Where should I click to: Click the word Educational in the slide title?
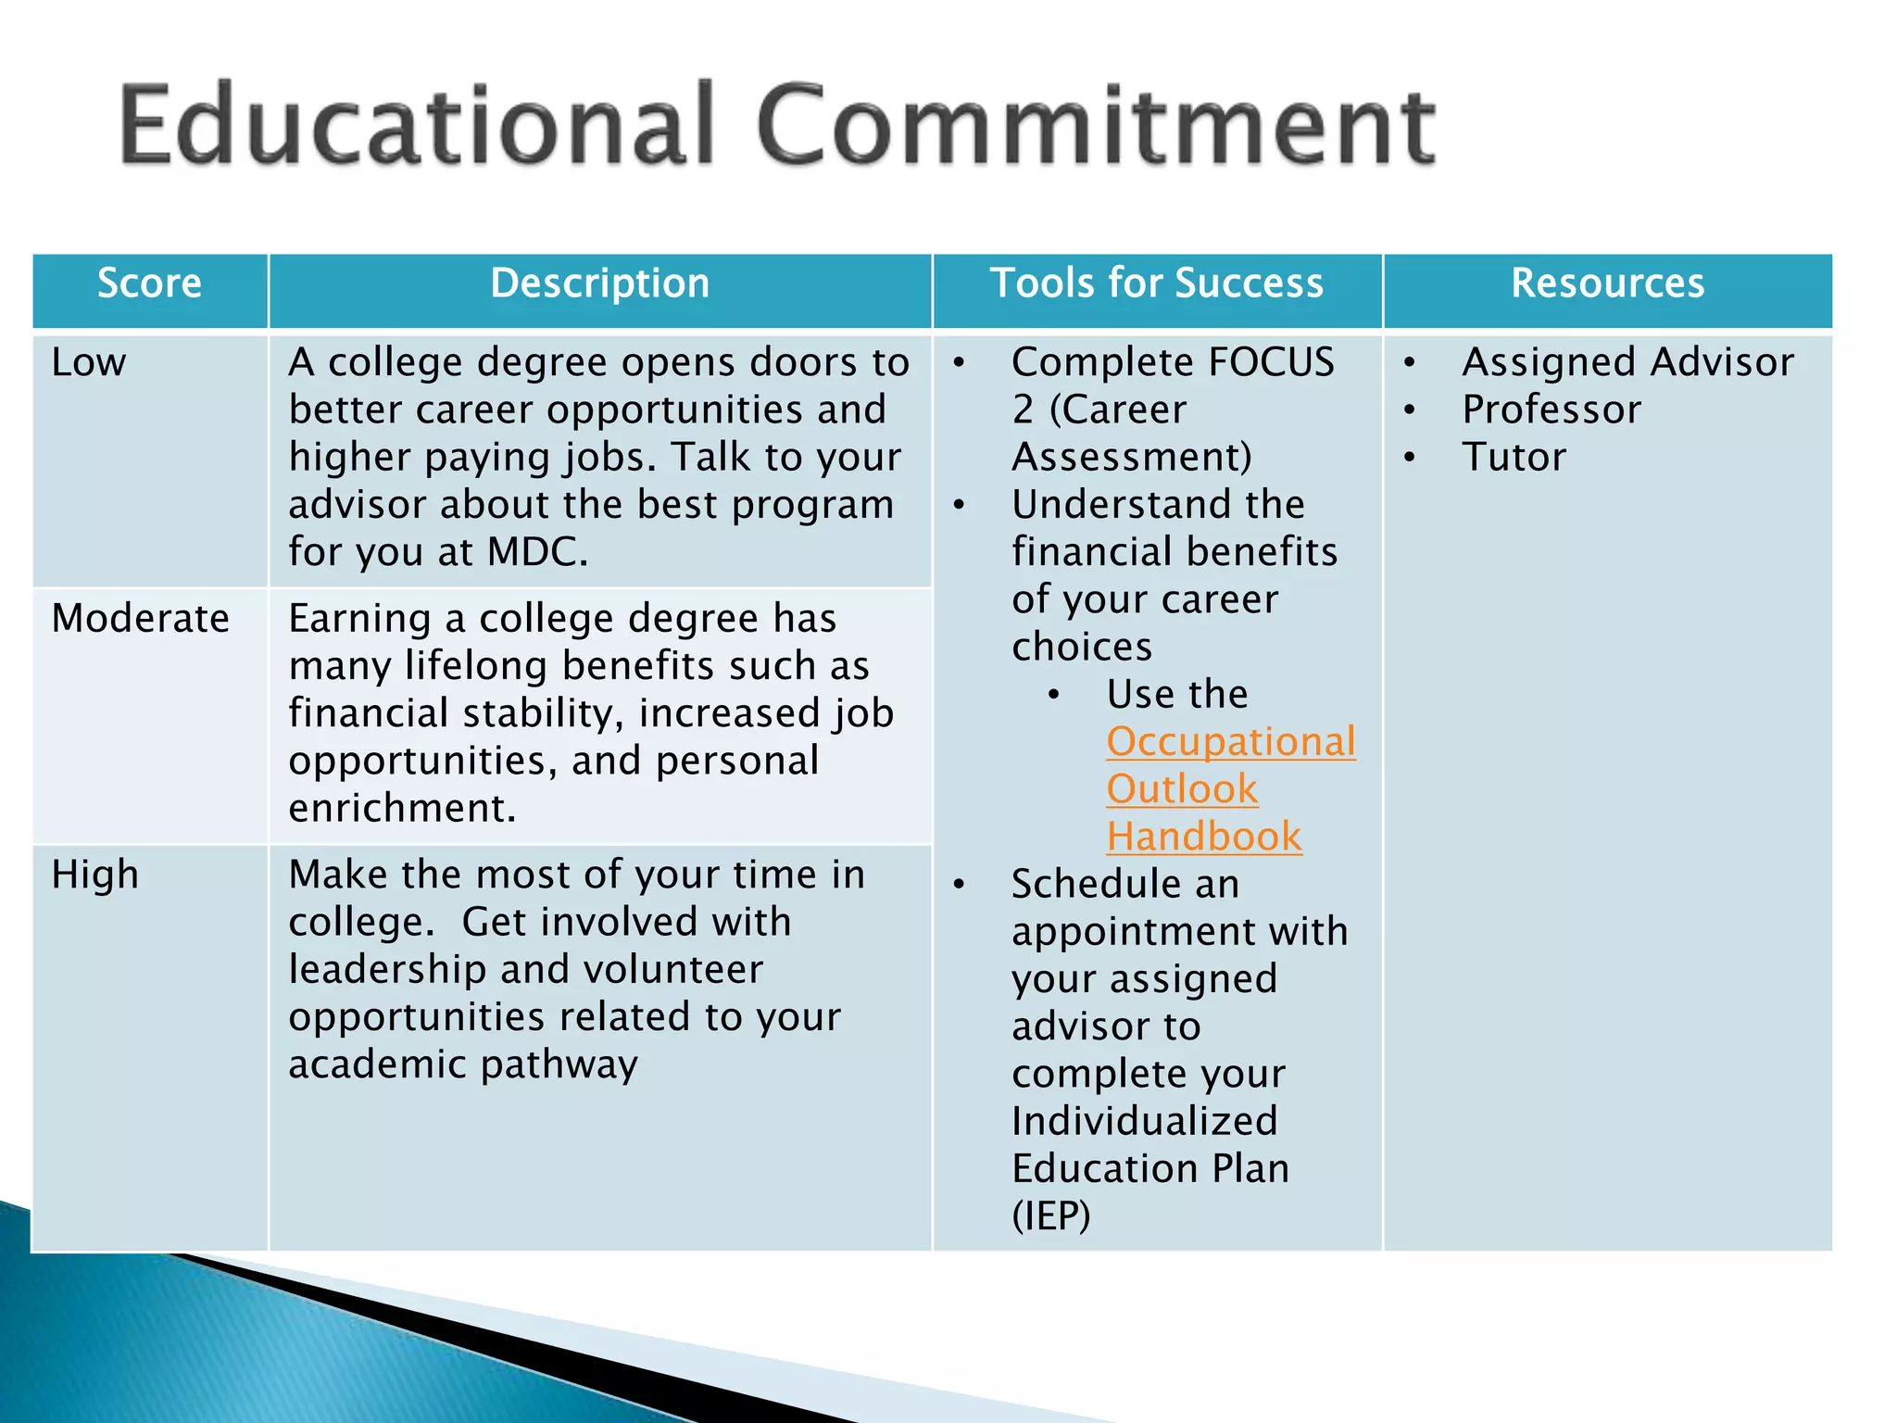tap(417, 125)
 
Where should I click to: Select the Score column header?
tap(149, 283)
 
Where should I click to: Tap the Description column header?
tap(599, 283)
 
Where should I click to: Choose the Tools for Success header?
tap(1157, 283)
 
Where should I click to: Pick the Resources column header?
tap(1607, 283)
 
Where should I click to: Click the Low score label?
tap(89, 362)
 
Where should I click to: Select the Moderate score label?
tap(141, 618)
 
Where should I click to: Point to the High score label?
tap(95, 875)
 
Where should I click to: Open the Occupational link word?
tap(1231, 742)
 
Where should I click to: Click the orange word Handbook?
tap(1204, 837)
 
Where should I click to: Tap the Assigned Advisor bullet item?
tap(1627, 362)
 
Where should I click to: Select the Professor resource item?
tap(1552, 409)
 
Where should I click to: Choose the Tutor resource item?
tap(1514, 457)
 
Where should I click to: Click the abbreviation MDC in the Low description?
tap(537, 552)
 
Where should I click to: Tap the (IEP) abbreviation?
tap(1051, 1215)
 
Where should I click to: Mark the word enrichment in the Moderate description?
tap(402, 808)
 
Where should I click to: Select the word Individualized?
tap(1145, 1121)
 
